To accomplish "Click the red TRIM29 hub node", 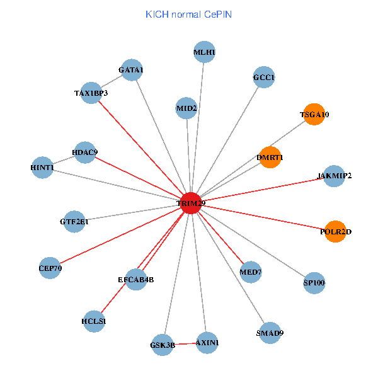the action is [191, 203].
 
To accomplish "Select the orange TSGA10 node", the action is [314, 115].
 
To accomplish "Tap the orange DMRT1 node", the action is [270, 157].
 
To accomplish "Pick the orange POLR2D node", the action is [336, 232].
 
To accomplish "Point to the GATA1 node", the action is [131, 70].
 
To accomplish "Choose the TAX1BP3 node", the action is [91, 93].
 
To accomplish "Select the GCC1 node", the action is [264, 77].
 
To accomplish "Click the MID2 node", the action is [187, 108].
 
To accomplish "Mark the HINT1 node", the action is [42, 168].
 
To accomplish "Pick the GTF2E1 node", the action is [74, 222].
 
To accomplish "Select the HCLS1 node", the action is [94, 321].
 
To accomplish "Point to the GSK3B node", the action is [163, 345].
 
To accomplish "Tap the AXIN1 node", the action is [207, 343].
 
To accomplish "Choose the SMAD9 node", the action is [270, 333].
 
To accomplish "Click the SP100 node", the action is [314, 283].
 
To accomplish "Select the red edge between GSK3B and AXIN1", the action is [185, 344].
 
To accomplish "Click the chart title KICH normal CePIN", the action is [188, 14].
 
